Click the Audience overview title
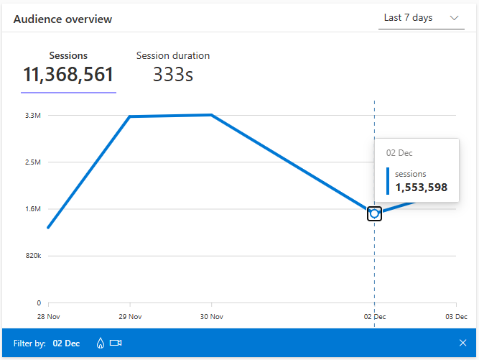point(62,19)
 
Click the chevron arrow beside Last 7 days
point(454,18)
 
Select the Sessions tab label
point(68,55)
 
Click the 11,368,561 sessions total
point(68,75)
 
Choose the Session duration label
point(173,55)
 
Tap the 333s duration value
point(173,75)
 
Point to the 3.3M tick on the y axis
point(34,115)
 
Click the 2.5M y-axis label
point(34,162)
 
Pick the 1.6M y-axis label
point(34,209)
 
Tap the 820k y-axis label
point(33,256)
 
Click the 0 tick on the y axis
point(39,303)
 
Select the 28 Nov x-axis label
point(48,316)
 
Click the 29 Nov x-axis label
point(129,316)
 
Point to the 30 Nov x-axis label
point(210,316)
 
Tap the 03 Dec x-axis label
point(455,316)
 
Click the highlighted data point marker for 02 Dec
point(374,213)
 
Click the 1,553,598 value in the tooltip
point(421,188)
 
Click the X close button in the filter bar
point(462,343)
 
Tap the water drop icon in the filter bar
point(100,343)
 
